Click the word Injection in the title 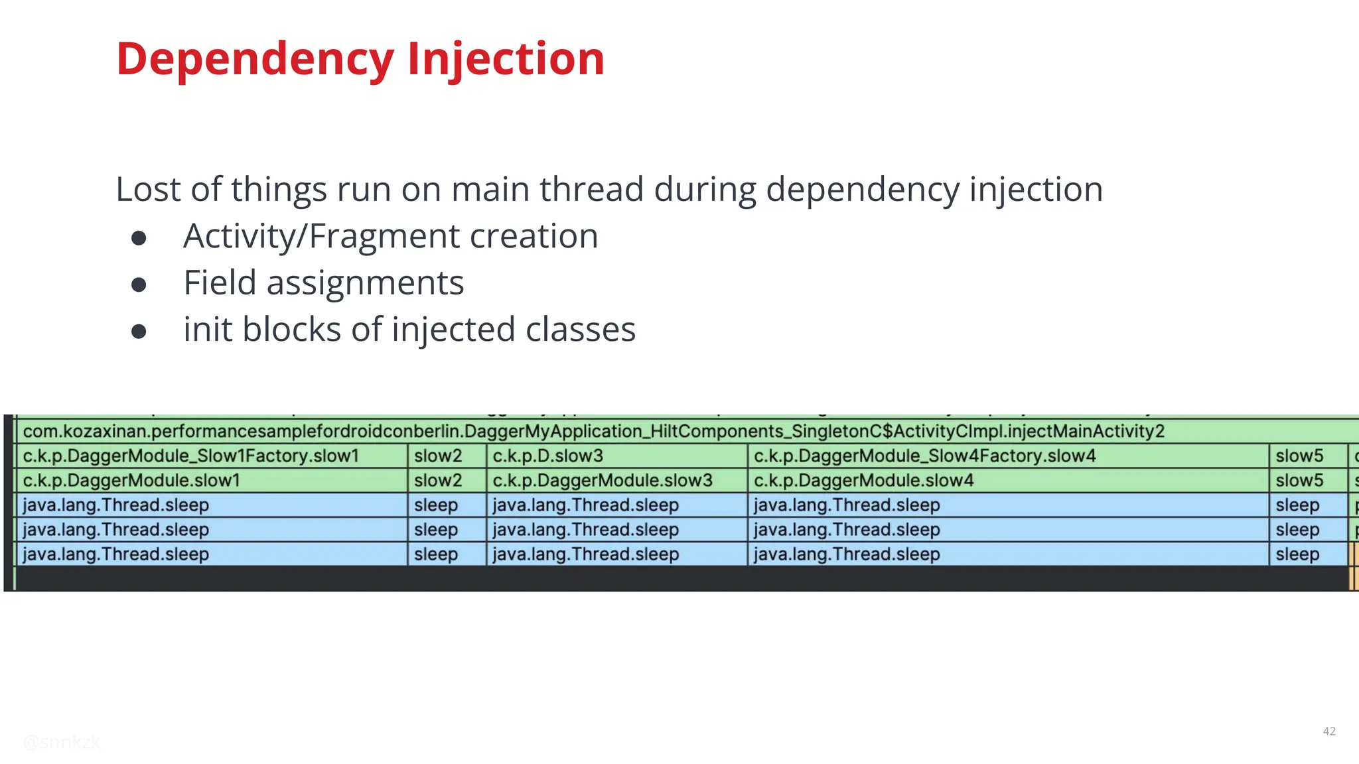tap(506, 60)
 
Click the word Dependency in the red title tap(255, 60)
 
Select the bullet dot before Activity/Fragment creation tap(139, 238)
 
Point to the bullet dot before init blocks tap(139, 331)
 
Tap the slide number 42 tap(1328, 731)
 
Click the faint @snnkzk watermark tap(62, 742)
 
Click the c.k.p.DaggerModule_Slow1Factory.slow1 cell tap(191, 456)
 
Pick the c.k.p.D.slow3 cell tap(548, 456)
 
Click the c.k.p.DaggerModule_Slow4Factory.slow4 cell tap(924, 456)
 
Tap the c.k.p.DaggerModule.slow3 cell tap(602, 481)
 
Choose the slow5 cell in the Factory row tap(1299, 456)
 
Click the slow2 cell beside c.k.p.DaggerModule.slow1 tap(438, 481)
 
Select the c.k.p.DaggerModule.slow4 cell tap(863, 481)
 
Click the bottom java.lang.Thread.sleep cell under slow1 tap(116, 554)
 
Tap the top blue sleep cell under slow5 tap(1297, 505)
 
